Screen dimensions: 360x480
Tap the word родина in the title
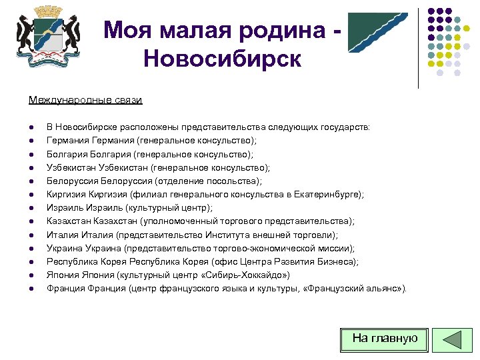pos(279,30)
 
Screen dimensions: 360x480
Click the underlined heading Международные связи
pos(85,100)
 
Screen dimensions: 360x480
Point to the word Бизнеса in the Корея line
pos(337,262)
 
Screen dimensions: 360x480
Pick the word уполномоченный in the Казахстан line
pos(174,221)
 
